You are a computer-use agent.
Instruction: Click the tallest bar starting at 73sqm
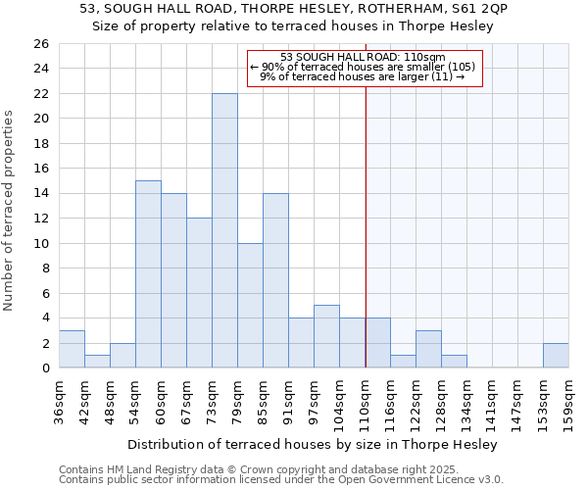point(224,230)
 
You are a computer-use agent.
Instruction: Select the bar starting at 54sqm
point(148,273)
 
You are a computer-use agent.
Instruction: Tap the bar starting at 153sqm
point(556,356)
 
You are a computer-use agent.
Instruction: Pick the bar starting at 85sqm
point(275,280)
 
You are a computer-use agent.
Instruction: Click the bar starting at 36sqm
point(72,349)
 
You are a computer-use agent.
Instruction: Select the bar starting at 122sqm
point(428,349)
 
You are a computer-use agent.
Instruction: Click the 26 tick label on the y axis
point(40,44)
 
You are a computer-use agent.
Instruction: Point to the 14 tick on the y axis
point(40,194)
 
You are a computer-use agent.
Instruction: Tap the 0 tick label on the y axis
point(44,368)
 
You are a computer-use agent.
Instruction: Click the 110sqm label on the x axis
point(366,402)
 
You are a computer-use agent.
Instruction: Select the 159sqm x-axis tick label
point(569,402)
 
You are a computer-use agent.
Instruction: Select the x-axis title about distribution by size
point(314,444)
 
